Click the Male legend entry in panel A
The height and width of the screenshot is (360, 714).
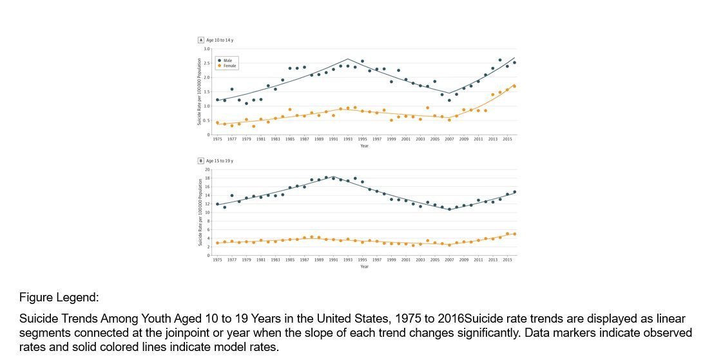(x=227, y=61)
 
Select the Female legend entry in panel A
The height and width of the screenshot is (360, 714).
(x=229, y=66)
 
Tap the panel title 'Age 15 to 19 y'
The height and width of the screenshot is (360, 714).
(x=220, y=160)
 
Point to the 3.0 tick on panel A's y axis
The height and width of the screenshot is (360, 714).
(x=207, y=49)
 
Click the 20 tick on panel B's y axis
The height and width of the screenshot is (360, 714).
(x=208, y=169)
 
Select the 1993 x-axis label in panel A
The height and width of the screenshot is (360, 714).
(x=348, y=138)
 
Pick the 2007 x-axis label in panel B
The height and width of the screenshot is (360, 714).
(x=449, y=260)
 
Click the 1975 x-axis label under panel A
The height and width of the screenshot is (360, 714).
(x=217, y=138)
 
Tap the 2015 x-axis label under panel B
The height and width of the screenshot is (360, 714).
(x=507, y=260)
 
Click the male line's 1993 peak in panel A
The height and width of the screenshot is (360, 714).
(x=348, y=59)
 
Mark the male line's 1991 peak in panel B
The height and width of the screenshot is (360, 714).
(x=333, y=176)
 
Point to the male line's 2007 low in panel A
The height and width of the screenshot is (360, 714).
(x=449, y=93)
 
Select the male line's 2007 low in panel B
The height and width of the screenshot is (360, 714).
(x=449, y=209)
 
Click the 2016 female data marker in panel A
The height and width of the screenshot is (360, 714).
(x=514, y=86)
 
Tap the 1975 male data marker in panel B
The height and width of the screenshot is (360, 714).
(x=217, y=204)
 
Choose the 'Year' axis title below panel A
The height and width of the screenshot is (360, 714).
(x=364, y=146)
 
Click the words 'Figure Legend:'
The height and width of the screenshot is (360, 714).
(x=59, y=298)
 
